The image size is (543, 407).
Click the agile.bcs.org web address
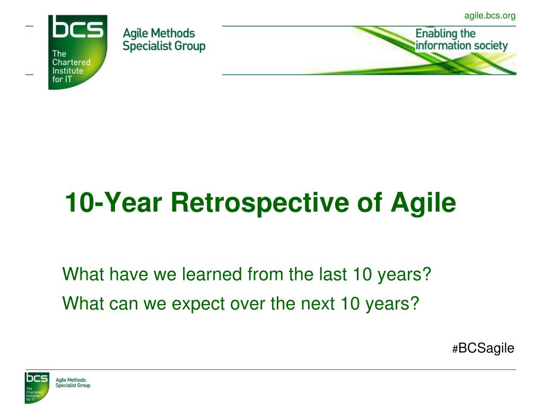[x=489, y=16]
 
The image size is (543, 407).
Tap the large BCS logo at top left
[x=77, y=52]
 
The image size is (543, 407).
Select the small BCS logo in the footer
[x=37, y=387]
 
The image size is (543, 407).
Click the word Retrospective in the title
[x=260, y=202]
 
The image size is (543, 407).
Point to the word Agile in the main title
[x=423, y=203]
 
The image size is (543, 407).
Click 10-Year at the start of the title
[x=113, y=202]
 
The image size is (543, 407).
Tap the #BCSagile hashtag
[x=483, y=348]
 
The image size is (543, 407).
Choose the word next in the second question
[x=318, y=304]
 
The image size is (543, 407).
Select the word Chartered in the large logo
[x=72, y=63]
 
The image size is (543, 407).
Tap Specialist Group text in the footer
[x=73, y=385]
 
